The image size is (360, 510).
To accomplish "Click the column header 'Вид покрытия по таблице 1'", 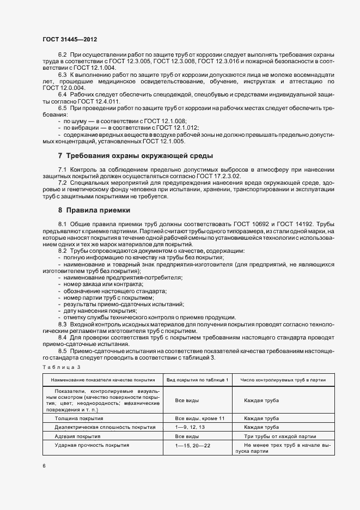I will [x=197, y=379].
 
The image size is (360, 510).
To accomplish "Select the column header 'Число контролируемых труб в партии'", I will [x=283, y=379].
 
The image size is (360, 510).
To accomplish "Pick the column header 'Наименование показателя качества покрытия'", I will [x=103, y=379].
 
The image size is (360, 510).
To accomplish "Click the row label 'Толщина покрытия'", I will [x=79, y=418].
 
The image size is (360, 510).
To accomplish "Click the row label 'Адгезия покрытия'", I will [x=77, y=436].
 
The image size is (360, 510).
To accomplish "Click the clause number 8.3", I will [x=62, y=325].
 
